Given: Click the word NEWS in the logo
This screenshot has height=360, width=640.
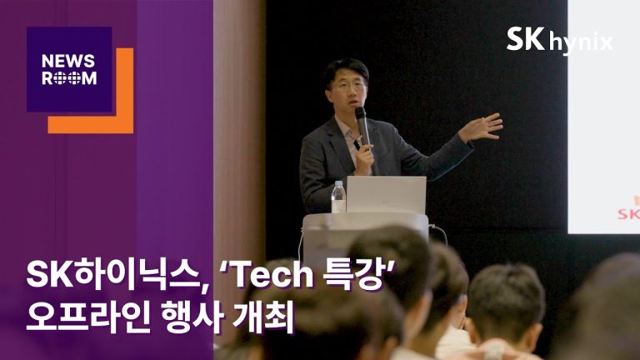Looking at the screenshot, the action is pos(68,61).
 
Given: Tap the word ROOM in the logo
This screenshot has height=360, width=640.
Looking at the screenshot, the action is pos(69,77).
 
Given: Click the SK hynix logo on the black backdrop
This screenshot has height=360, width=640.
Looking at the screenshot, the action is pos(560,41).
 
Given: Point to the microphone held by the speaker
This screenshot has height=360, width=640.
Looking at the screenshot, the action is pos(362,126).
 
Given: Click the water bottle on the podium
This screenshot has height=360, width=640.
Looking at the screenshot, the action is pos(338,197).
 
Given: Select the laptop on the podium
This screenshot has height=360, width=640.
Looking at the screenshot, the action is pos(386,195).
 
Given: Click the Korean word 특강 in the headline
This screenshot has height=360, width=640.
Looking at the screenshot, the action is pos(353,275).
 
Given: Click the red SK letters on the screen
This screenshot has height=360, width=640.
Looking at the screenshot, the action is pos(628,213).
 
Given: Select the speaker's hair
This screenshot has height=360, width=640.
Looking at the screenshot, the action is pos(346,69).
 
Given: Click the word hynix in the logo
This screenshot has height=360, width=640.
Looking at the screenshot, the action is pos(581,43).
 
